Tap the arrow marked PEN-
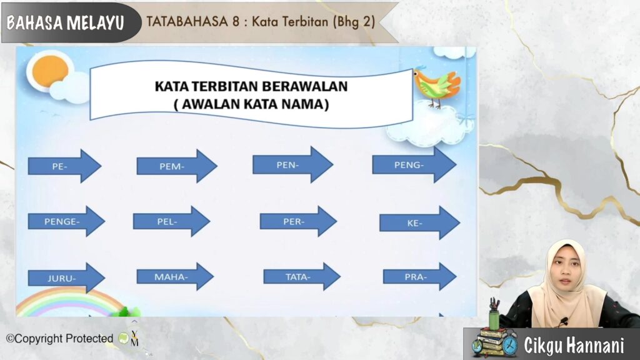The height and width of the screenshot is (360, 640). coord(292,164)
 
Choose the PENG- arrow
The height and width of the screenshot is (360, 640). coord(414,165)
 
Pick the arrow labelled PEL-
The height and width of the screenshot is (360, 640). coord(171,221)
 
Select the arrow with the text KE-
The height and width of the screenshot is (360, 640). coord(419,223)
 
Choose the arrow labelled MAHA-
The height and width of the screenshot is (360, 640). coord(175,276)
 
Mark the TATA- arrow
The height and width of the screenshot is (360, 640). coord(302,277)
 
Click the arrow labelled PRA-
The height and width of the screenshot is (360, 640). coord(419,277)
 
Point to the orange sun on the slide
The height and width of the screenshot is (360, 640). coord(50,72)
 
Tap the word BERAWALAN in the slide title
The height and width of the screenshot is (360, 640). coord(304,86)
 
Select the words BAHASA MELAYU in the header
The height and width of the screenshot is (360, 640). coord(65,23)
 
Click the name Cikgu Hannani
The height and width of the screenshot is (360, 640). coord(574,345)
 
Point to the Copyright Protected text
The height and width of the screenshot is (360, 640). coord(59,339)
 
